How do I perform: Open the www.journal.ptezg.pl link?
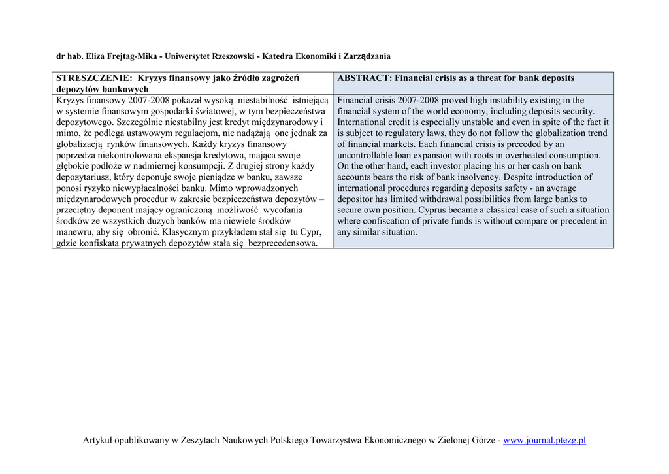[544, 440]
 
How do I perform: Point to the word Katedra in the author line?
[280, 56]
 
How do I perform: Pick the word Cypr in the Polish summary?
[310, 232]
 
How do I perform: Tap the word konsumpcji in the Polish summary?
[191, 166]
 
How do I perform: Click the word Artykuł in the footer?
[98, 440]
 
